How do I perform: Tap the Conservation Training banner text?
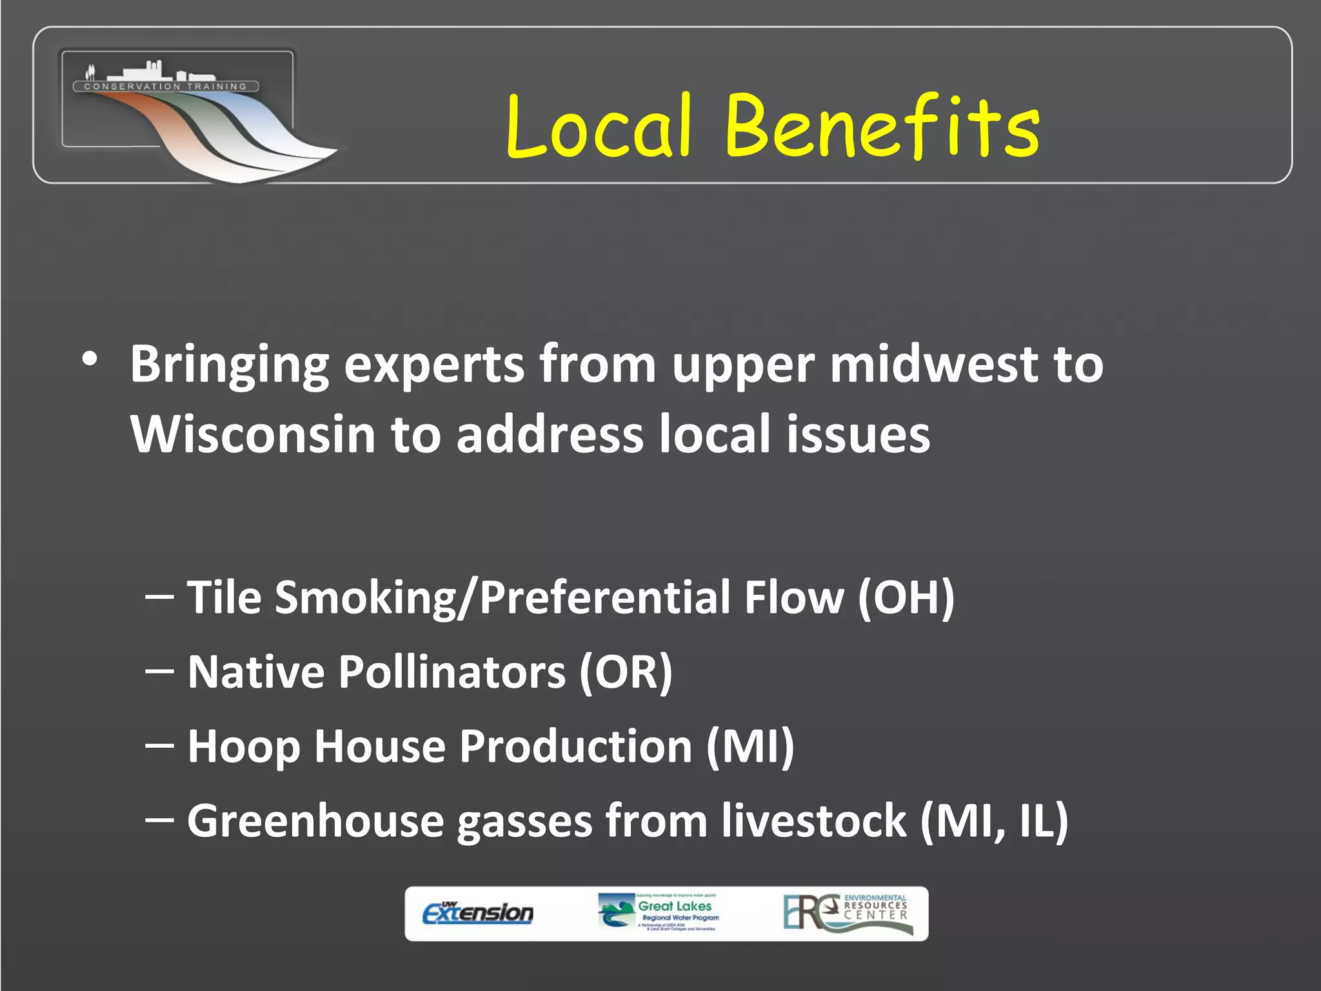[x=166, y=86]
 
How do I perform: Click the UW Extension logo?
[x=478, y=913]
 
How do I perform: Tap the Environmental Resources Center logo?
[x=848, y=912]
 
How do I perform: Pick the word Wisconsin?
[x=253, y=434]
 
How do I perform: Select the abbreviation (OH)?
[x=906, y=597]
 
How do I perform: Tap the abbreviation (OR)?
[x=625, y=672]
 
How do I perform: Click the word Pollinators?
[x=452, y=672]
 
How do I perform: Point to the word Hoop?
[x=244, y=747]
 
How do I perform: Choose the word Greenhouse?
[x=315, y=821]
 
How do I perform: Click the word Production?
[x=576, y=747]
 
